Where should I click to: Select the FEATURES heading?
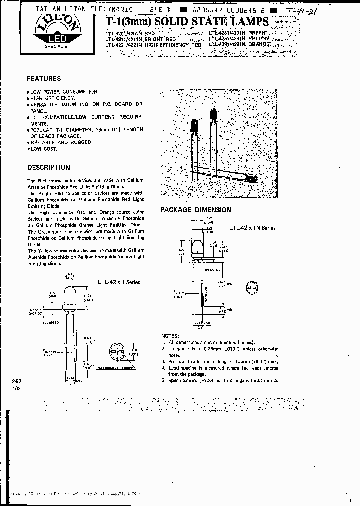click(44, 79)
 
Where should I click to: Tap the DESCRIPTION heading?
click(48, 167)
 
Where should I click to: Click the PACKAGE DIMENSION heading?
click(196, 210)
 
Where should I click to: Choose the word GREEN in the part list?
click(259, 33)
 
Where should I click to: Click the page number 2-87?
click(17, 381)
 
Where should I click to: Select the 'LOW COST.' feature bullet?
click(43, 149)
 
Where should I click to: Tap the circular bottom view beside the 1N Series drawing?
click(253, 289)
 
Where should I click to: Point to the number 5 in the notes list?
click(163, 380)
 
